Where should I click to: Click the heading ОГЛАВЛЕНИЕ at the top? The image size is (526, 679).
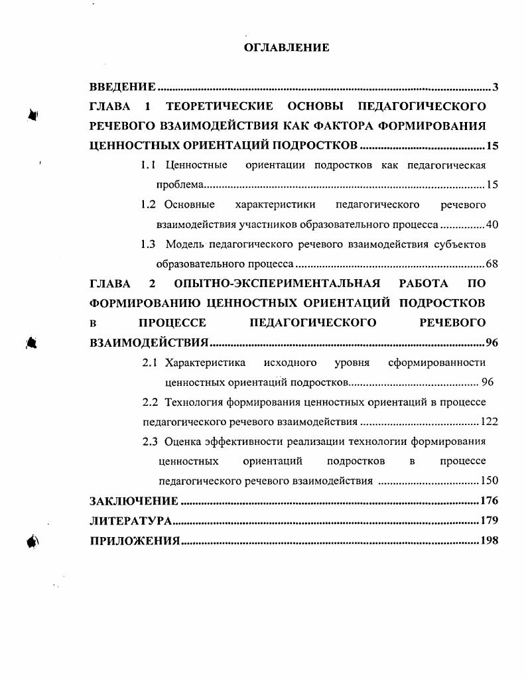coord(287,48)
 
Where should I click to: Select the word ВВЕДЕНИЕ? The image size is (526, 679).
coord(123,87)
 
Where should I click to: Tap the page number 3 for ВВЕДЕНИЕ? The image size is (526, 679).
coord(495,87)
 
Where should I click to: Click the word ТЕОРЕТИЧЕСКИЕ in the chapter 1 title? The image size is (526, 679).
coord(220,106)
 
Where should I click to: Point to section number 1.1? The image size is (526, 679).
coord(148,165)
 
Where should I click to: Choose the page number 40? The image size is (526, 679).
coord(492,224)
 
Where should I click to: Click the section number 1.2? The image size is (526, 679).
coord(148,204)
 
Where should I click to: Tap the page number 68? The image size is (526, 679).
coord(492,264)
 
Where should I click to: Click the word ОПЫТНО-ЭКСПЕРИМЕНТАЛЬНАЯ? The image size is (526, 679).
coord(277,284)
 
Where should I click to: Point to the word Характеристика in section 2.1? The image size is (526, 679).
coord(205,363)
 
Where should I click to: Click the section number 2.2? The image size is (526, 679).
coord(151,402)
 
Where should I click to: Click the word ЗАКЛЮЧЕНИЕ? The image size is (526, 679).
coord(134,501)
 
